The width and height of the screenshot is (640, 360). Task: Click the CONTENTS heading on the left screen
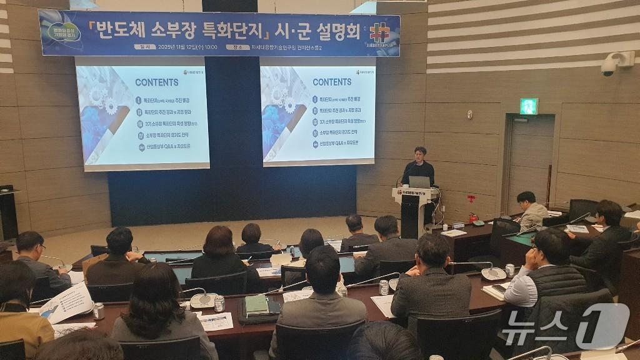tap(156, 82)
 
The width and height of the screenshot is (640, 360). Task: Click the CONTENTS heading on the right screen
tap(332, 82)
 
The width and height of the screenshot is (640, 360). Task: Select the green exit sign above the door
tap(528, 106)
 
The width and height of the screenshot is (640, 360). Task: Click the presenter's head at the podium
tap(420, 153)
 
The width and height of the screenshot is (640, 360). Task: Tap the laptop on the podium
tap(419, 182)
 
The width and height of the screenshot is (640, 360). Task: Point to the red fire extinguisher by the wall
tap(473, 218)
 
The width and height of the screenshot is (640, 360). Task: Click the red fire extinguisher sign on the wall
tap(471, 199)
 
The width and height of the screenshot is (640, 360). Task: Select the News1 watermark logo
tap(566, 325)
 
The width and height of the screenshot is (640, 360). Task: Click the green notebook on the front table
tap(256, 304)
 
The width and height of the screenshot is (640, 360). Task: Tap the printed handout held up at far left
tap(67, 302)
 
